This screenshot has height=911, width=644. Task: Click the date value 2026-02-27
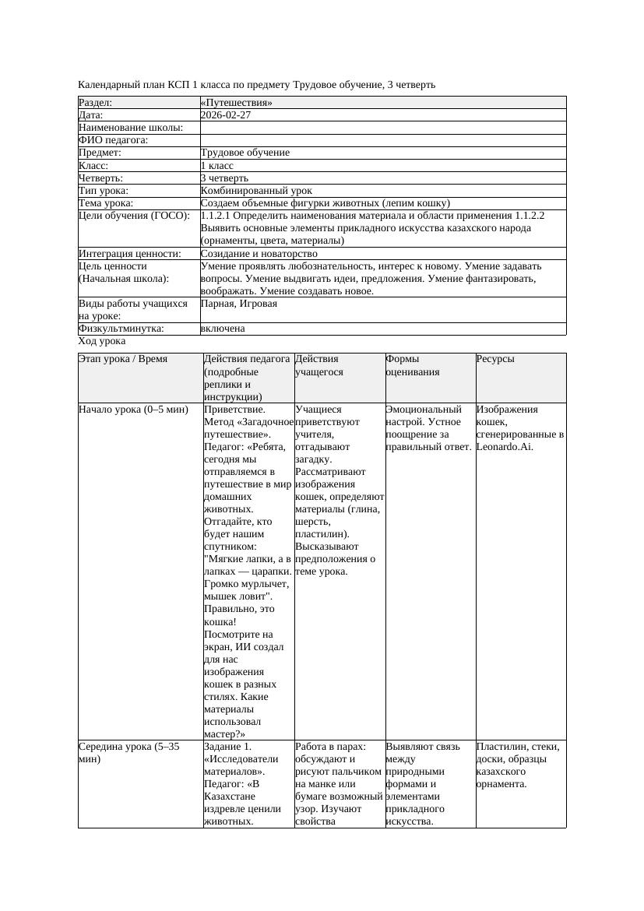[226, 115]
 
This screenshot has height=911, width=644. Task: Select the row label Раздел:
[96, 103]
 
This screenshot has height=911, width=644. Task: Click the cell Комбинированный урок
[256, 191]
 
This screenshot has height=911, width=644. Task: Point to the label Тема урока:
[105, 203]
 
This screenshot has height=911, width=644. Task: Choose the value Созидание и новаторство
[259, 254]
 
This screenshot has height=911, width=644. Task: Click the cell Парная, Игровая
[238, 304]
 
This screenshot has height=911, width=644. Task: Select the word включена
[223, 329]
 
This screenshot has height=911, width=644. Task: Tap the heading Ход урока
[102, 341]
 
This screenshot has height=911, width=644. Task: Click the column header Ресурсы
[495, 360]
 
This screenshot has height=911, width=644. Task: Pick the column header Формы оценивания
[412, 366]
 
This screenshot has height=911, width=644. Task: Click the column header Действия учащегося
[317, 366]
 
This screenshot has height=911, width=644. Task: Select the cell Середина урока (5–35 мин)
[129, 752]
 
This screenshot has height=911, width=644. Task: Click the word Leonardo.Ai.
[505, 447]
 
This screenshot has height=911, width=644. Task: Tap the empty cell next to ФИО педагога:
[382, 140]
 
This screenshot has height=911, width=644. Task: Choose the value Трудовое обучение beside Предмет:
[245, 153]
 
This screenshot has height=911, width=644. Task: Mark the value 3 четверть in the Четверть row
[224, 178]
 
